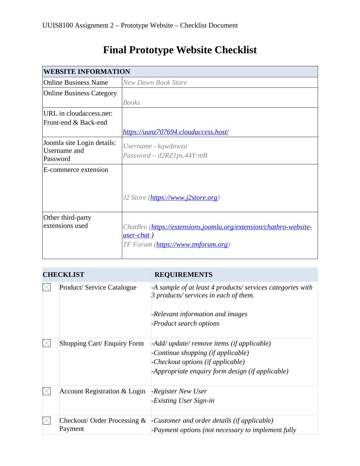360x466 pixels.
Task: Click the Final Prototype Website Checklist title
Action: pos(180,50)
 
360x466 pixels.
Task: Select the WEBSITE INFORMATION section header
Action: pos(87,72)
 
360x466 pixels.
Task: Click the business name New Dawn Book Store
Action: pos(155,83)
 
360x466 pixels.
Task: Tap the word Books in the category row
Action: pos(131,103)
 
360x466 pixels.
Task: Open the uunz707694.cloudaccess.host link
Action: pos(176,132)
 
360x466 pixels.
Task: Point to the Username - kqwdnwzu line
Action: pos(155,146)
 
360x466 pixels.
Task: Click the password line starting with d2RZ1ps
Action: pos(165,156)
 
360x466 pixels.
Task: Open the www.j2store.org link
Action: pos(184,198)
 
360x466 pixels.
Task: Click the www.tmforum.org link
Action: pos(192,244)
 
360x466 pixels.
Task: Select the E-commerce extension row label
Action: pos(76,170)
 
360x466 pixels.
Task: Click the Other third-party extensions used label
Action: pos(67,222)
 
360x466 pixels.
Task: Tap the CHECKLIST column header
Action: pos(64,275)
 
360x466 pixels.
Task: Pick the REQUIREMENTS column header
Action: pos(183,275)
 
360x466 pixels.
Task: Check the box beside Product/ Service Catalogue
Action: pos(47,287)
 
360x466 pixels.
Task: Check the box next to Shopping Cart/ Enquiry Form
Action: pos(47,343)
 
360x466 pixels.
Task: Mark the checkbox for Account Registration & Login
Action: pos(47,391)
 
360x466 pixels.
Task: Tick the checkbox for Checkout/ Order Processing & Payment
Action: pos(47,421)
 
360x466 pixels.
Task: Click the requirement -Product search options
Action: pos(185,323)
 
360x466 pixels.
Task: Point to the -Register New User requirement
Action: pos(179,391)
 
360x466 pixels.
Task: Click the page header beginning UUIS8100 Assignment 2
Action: pos(140,25)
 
